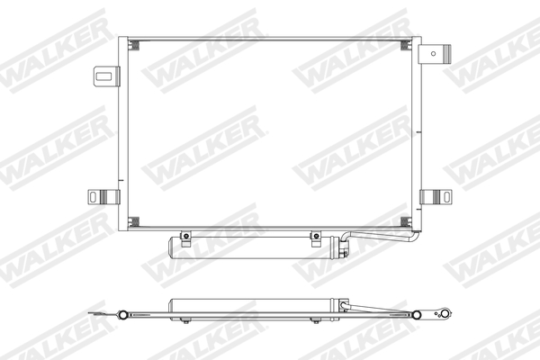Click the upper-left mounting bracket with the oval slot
click(x=106, y=76)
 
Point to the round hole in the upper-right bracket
click(x=442, y=52)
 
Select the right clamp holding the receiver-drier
click(x=316, y=238)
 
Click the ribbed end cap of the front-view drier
click(x=341, y=248)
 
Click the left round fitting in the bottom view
click(x=121, y=315)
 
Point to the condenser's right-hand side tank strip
click(x=416, y=135)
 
